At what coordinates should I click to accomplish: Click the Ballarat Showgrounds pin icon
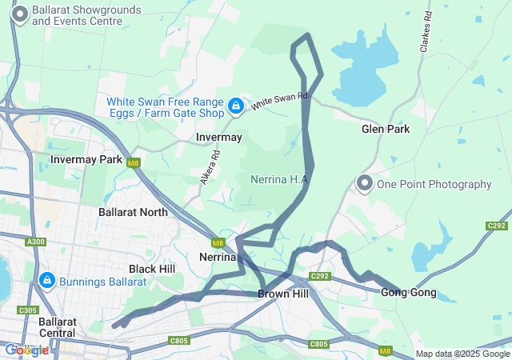pyautogui.click(x=19, y=14)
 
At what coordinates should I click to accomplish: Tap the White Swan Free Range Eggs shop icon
pyautogui.click(x=236, y=106)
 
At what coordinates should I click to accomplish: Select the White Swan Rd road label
pyautogui.click(x=279, y=102)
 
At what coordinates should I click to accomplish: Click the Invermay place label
pyautogui.click(x=219, y=138)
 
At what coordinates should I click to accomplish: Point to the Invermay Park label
pyautogui.click(x=86, y=159)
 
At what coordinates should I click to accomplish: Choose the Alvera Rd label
pyautogui.click(x=205, y=170)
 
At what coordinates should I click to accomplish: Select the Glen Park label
pyautogui.click(x=386, y=129)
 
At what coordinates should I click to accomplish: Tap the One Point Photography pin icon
pyautogui.click(x=365, y=184)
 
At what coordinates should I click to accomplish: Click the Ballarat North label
pyautogui.click(x=133, y=212)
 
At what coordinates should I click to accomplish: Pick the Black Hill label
pyautogui.click(x=152, y=269)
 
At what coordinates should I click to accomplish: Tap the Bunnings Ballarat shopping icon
pyautogui.click(x=46, y=281)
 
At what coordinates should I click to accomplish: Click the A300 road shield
pyautogui.click(x=35, y=242)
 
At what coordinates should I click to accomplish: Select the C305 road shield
pyautogui.click(x=27, y=310)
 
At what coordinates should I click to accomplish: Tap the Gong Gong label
pyautogui.click(x=409, y=292)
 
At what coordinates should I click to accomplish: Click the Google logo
pyautogui.click(x=26, y=350)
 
